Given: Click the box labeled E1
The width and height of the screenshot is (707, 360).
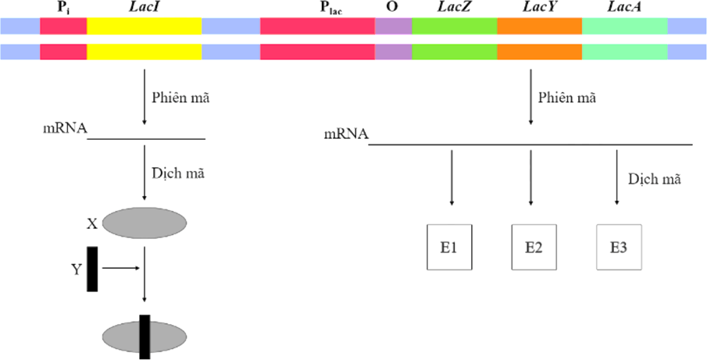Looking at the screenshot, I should click(449, 247).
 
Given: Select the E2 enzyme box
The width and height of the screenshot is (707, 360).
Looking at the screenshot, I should click(534, 247).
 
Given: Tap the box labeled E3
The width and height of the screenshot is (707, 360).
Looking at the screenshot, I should click(619, 247).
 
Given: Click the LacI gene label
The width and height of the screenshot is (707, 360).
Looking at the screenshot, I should click(144, 7).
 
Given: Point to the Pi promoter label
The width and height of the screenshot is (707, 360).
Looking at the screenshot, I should click(62, 8).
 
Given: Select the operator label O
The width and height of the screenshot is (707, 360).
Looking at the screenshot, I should click(392, 7).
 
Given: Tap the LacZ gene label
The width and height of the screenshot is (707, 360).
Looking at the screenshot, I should click(454, 7).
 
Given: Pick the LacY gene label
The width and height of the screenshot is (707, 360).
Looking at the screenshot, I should click(538, 7).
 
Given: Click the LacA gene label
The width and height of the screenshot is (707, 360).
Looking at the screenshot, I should click(623, 7).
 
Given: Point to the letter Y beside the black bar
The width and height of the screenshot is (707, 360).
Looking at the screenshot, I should click(76, 269).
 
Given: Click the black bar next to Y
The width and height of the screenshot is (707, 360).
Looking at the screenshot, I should click(92, 269).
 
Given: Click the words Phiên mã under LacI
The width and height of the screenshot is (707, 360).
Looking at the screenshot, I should click(180, 98).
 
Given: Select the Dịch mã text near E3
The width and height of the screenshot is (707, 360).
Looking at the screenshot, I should click(655, 179).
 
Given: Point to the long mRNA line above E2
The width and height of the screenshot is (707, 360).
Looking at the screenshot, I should click(530, 144).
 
